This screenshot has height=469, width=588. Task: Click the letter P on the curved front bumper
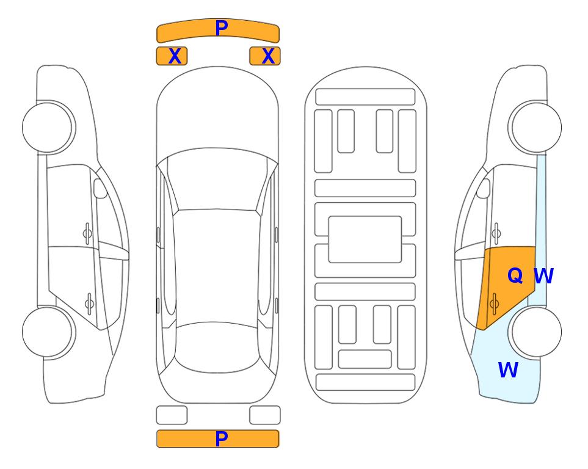(x=222, y=28)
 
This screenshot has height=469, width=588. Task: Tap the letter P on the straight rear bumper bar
(x=221, y=438)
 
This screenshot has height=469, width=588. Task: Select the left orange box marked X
(x=172, y=56)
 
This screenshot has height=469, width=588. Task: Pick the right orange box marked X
(x=265, y=56)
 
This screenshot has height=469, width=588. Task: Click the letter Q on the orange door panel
(x=515, y=276)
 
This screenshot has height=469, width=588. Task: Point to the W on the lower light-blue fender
(x=508, y=370)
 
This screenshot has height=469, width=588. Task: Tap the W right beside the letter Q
(x=543, y=276)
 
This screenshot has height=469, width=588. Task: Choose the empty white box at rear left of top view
(x=172, y=415)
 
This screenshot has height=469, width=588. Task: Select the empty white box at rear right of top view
(x=265, y=415)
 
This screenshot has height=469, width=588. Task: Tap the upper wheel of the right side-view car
(x=536, y=128)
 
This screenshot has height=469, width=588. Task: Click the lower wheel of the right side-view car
(x=536, y=332)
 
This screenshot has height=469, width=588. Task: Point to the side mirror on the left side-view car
(x=100, y=189)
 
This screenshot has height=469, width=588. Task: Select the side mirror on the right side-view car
(x=484, y=189)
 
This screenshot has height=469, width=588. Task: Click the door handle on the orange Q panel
(x=494, y=304)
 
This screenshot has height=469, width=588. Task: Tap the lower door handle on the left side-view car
(x=89, y=304)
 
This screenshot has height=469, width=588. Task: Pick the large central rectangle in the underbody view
(x=365, y=239)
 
